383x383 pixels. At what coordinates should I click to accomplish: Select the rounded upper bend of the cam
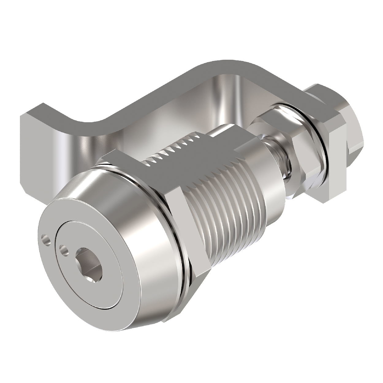221,66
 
